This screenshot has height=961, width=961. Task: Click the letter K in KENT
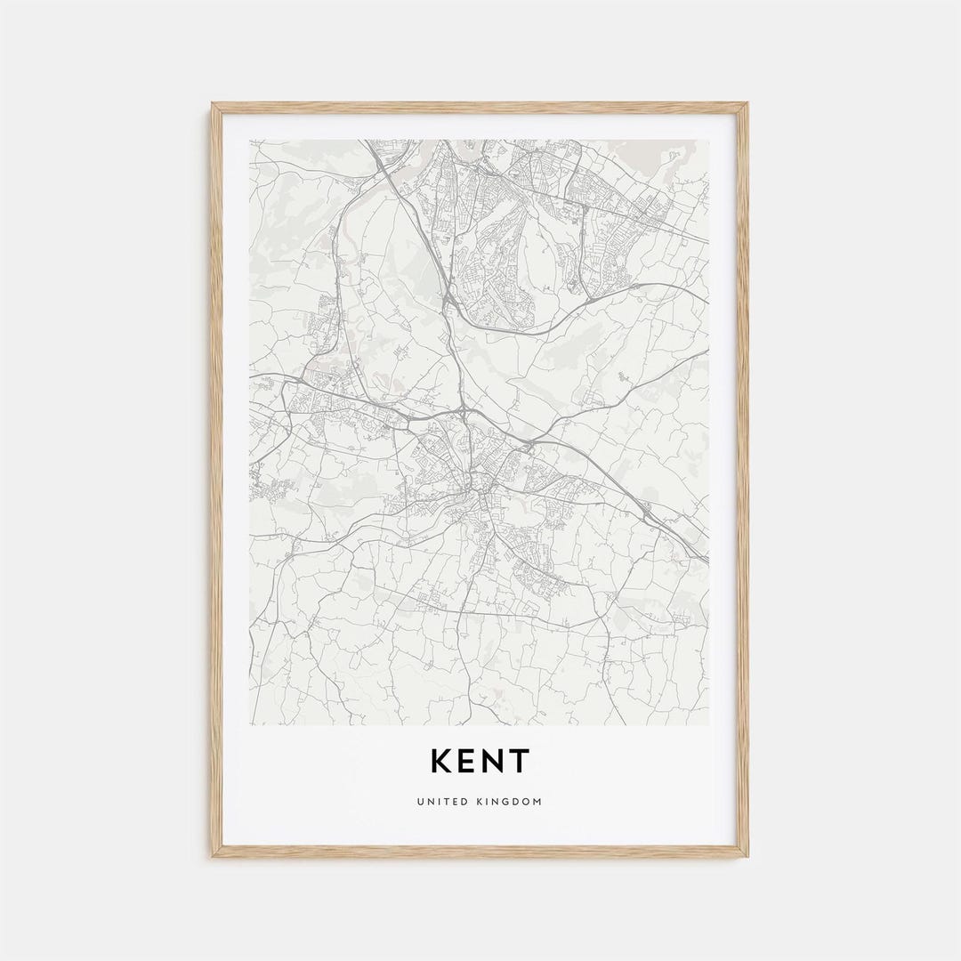[442, 762]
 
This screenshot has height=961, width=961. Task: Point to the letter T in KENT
[519, 762]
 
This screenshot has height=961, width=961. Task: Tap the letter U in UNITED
[419, 802]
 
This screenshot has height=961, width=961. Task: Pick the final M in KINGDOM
[537, 802]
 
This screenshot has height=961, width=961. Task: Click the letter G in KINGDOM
[506, 802]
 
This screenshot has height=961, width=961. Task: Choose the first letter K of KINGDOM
[477, 802]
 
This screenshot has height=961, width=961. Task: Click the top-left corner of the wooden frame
[212, 103]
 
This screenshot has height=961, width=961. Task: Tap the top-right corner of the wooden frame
[748, 103]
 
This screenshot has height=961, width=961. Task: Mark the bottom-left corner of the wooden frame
[212, 857]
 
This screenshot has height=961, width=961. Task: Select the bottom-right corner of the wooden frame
[748, 857]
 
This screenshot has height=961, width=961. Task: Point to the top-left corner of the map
[250, 140]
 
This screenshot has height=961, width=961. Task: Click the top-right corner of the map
[709, 140]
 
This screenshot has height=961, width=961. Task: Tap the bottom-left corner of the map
[250, 724]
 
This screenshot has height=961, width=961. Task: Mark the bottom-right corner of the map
[709, 724]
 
